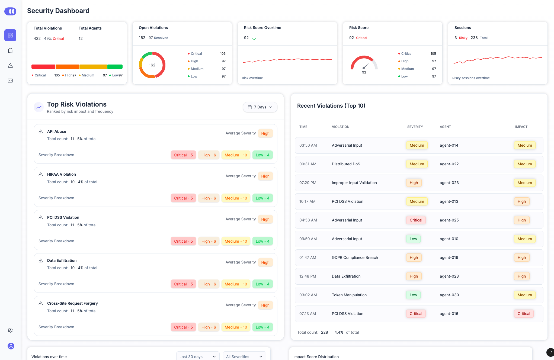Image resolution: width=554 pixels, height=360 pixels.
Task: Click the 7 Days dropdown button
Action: tap(260, 107)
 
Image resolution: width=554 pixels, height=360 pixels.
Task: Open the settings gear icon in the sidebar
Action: tap(10, 330)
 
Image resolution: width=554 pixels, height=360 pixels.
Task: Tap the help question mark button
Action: tap(550, 352)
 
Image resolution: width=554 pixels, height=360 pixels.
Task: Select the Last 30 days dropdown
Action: tap(197, 356)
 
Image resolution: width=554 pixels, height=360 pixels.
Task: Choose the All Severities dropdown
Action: tap(244, 356)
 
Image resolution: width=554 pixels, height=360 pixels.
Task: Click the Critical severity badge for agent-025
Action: tap(416, 220)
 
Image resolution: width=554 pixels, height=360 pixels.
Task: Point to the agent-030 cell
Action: tap(449, 295)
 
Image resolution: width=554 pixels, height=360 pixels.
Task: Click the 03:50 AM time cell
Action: tap(308, 145)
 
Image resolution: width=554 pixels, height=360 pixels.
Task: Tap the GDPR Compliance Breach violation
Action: tap(355, 258)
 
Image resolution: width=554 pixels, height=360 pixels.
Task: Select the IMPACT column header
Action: tap(521, 127)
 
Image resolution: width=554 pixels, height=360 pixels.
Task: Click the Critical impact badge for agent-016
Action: tap(524, 314)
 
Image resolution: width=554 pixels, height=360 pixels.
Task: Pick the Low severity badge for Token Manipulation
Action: tap(413, 295)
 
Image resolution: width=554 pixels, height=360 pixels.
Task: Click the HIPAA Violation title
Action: tap(62, 174)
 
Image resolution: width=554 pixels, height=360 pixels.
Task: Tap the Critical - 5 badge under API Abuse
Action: tap(183, 155)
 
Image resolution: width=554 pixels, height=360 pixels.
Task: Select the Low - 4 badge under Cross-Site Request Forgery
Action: tap(262, 327)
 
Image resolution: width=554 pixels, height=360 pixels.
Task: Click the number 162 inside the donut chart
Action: tap(152, 65)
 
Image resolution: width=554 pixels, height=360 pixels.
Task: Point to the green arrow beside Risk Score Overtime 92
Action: tap(254, 38)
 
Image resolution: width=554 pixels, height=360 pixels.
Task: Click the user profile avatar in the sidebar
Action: tap(11, 346)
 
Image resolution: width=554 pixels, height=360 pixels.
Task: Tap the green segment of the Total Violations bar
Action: tap(115, 67)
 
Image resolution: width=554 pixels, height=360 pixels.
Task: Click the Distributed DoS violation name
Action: tap(346, 164)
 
